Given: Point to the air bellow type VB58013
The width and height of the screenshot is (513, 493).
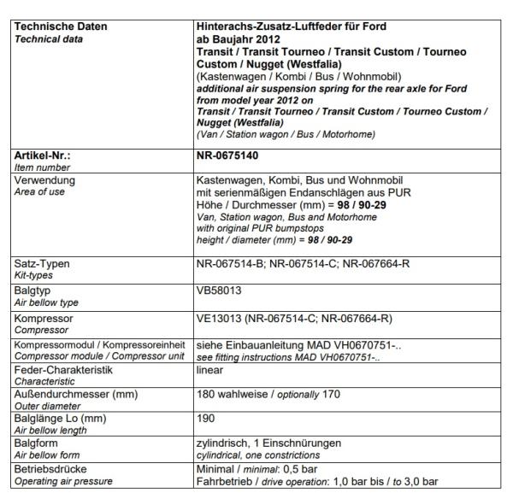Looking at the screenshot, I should [218, 290].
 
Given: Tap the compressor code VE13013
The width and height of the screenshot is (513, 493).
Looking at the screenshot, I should [219, 317].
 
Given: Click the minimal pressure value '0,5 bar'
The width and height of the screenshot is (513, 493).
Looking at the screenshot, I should [298, 470].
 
